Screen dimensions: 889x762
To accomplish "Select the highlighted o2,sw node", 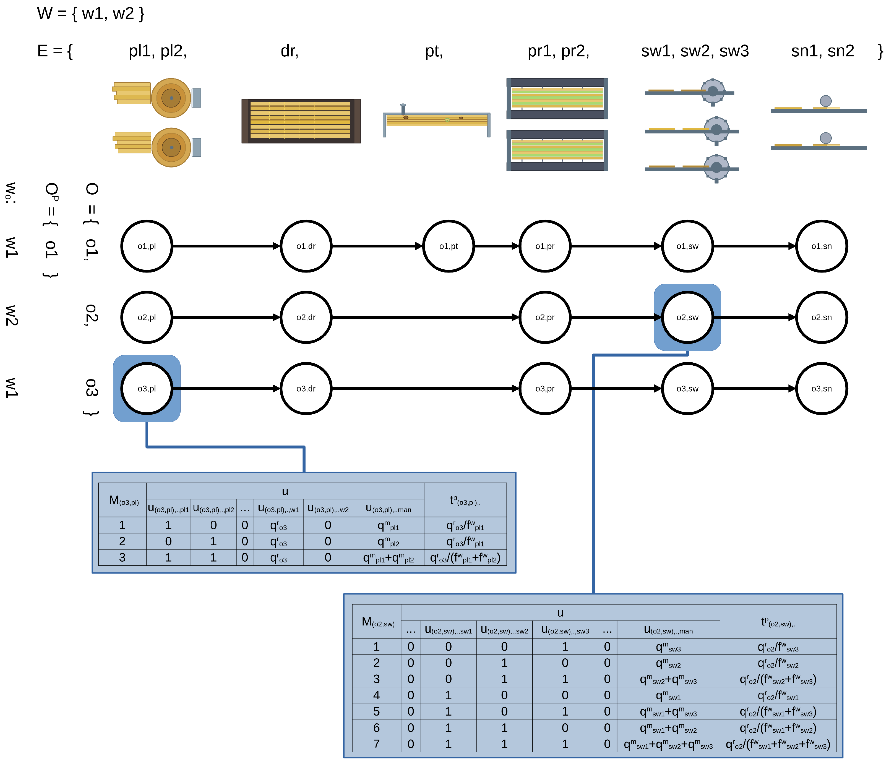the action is point(687,317).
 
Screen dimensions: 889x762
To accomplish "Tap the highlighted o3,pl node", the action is point(147,389).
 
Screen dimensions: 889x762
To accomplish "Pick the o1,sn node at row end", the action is point(822,246).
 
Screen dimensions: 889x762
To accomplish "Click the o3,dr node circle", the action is point(306,389).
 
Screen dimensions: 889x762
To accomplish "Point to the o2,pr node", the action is point(545,317).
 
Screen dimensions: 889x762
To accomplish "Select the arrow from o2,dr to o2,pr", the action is point(425,317).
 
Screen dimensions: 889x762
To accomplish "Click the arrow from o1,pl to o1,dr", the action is point(226,246).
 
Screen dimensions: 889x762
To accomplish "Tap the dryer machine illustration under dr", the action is point(301,121).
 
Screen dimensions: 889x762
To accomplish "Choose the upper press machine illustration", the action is point(557,99).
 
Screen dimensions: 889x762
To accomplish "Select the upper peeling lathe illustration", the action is point(157,98).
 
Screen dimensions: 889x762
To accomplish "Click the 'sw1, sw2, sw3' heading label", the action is point(695,51).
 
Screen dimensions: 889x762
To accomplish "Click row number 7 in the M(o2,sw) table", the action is point(377,744).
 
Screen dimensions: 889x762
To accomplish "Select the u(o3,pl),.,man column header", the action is point(388,509).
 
